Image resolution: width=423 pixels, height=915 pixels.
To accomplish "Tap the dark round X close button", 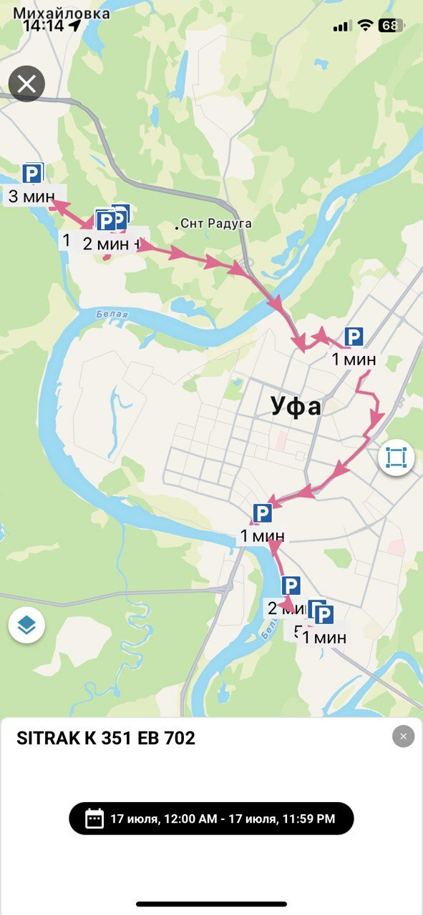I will (26, 84).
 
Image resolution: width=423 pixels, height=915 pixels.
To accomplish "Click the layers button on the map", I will (26, 625).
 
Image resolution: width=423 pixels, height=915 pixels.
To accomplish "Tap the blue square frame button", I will (397, 457).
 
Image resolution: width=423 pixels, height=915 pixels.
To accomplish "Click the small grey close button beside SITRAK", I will (403, 736).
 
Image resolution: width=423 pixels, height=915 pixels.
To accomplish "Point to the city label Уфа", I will (296, 406).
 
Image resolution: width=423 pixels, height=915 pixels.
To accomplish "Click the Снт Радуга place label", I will (215, 224).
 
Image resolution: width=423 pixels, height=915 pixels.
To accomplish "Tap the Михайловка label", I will (62, 13).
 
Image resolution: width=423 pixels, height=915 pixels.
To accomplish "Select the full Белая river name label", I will (112, 315).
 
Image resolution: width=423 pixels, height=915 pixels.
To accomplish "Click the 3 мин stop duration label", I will (32, 195).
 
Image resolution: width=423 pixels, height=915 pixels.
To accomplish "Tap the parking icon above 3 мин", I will (32, 173).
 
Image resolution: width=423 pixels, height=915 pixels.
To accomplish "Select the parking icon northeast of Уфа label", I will (354, 337).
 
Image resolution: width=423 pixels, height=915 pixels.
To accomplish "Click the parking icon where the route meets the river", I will (262, 513).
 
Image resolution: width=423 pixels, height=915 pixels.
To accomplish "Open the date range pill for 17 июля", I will (211, 818).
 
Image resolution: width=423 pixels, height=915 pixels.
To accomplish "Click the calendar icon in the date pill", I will (94, 818).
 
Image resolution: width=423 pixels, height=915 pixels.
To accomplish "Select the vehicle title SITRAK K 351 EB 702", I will (106, 738).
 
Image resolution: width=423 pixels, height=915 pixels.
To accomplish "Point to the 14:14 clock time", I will (43, 26).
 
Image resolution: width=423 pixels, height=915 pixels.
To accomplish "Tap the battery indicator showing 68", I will (390, 26).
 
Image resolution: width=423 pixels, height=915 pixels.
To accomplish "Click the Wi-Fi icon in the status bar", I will (366, 26).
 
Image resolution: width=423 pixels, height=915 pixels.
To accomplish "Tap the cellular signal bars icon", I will (342, 26).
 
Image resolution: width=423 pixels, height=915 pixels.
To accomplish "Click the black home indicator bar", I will (211, 904).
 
